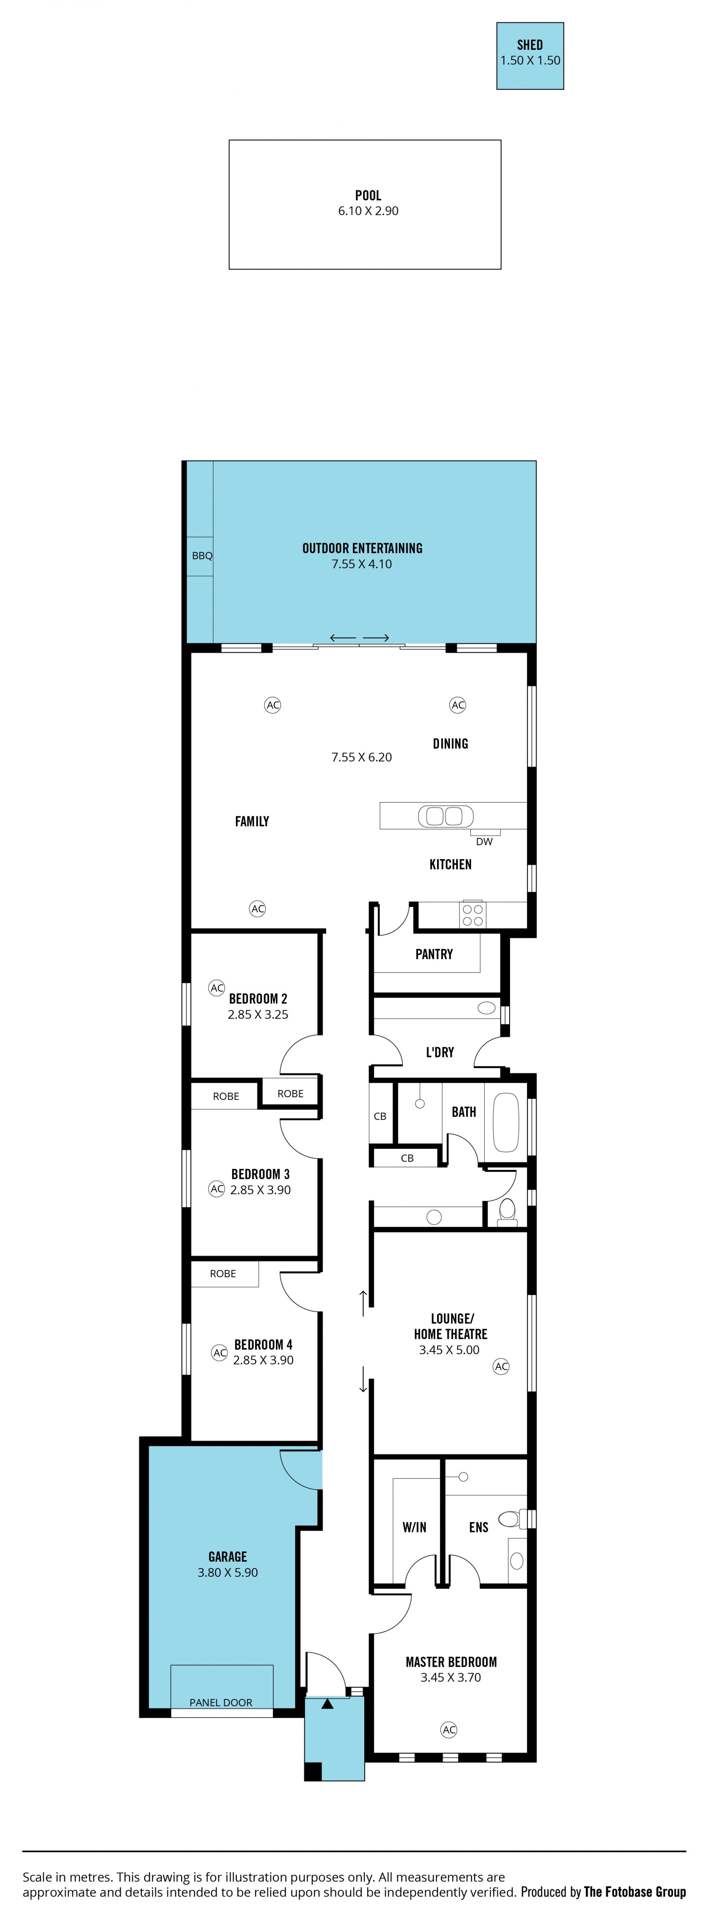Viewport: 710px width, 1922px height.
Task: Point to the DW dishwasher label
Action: tap(484, 842)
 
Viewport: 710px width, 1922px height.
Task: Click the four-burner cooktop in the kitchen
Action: tap(473, 915)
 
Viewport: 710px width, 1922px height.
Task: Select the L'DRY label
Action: tap(440, 1052)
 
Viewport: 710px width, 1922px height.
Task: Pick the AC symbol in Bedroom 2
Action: tap(216, 988)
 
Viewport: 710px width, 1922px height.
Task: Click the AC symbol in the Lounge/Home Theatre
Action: tap(501, 1366)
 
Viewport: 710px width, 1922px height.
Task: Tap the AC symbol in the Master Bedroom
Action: tap(449, 1729)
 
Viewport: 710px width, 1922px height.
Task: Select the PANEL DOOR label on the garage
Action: tap(221, 1703)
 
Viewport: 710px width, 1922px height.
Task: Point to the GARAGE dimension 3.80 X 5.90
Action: tap(228, 1572)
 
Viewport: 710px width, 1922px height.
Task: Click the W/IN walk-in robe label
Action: tap(415, 1527)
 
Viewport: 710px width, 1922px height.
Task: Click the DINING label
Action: tap(450, 744)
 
